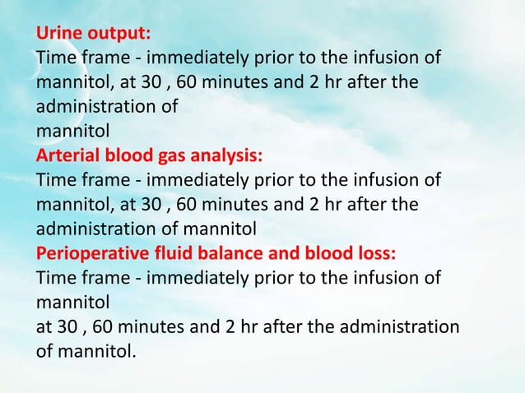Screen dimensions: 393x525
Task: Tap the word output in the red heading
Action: click(118, 36)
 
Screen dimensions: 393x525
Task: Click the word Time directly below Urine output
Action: click(53, 59)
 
